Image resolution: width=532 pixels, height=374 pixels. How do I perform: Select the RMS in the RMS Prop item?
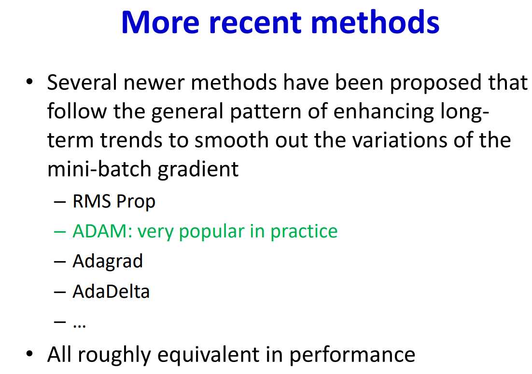(92, 201)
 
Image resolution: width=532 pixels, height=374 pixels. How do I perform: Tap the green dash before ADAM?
(60, 232)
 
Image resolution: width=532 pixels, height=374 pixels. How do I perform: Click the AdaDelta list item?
(111, 291)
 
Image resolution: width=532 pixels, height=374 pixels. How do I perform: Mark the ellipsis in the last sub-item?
(79, 326)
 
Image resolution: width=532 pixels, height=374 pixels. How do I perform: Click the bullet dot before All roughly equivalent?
(29, 353)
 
